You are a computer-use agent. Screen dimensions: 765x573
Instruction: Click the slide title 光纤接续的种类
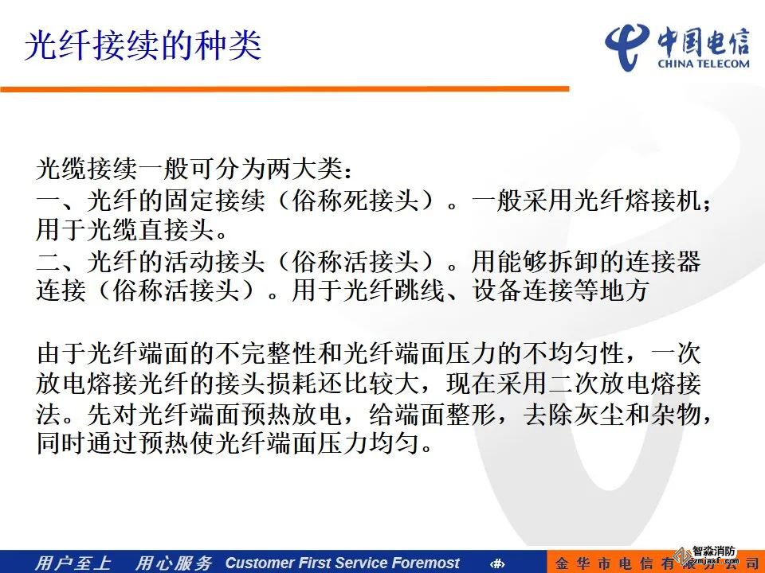(x=143, y=45)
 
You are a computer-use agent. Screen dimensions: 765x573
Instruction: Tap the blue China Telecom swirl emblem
(x=627, y=47)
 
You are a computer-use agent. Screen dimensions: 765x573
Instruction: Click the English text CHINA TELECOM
(x=704, y=64)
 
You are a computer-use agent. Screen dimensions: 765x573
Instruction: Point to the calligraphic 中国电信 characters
(x=703, y=42)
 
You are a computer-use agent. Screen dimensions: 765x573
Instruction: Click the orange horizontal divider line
(x=285, y=88)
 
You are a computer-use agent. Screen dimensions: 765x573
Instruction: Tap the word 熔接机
(x=662, y=200)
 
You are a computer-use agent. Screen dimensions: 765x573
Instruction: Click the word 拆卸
(x=574, y=261)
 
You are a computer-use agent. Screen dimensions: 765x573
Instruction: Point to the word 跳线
(x=420, y=290)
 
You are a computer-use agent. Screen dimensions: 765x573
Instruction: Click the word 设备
(x=496, y=290)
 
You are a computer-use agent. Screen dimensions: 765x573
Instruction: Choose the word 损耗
(x=292, y=384)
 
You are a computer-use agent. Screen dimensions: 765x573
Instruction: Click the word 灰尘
(x=598, y=414)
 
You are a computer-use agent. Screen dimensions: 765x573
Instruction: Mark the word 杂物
(x=676, y=414)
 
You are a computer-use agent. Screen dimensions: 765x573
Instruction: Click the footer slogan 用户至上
(x=73, y=563)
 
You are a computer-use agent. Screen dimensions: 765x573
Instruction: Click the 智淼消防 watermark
(x=713, y=551)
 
